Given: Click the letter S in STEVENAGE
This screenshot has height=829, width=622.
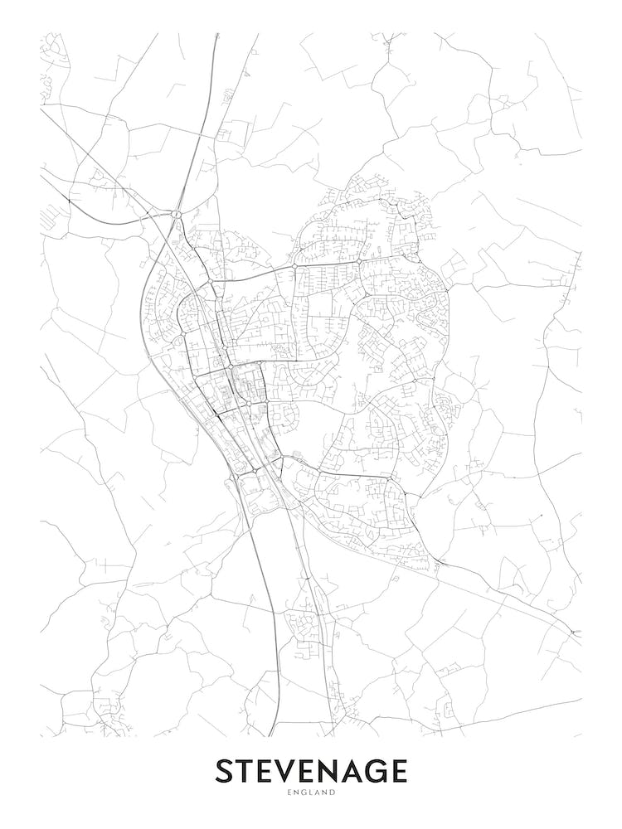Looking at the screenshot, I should [x=225, y=771].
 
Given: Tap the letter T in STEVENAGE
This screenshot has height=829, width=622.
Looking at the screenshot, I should [x=246, y=771].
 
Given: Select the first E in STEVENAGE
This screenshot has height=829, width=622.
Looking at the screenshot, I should [x=267, y=771].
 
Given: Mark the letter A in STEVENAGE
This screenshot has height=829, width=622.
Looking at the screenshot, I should [x=357, y=771].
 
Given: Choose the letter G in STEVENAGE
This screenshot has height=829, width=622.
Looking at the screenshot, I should [x=381, y=771].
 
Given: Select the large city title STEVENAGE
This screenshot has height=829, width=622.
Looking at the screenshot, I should [x=312, y=771].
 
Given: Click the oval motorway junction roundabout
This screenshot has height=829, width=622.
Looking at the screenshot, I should [x=176, y=215].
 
